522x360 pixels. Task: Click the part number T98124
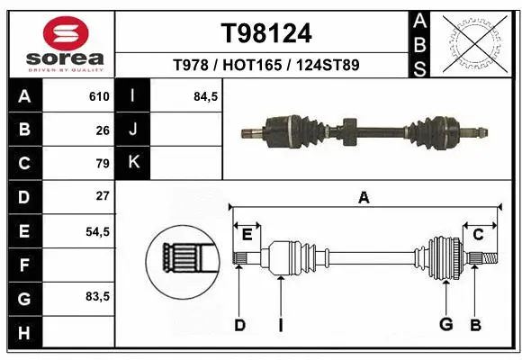266,33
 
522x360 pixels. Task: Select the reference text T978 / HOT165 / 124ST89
266,65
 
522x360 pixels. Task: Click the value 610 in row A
99,96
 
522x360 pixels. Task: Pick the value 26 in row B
103,130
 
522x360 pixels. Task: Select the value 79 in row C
103,163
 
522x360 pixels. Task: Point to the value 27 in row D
103,196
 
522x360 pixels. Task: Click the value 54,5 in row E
97,230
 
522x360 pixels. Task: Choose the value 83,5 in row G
97,297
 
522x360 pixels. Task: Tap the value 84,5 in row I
206,96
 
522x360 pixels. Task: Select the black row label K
133,163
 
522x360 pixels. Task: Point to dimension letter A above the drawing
364,198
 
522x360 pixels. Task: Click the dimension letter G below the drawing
445,325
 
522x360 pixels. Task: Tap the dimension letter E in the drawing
247,234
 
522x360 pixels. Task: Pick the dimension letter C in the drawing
478,234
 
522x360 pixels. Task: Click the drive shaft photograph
362,130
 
